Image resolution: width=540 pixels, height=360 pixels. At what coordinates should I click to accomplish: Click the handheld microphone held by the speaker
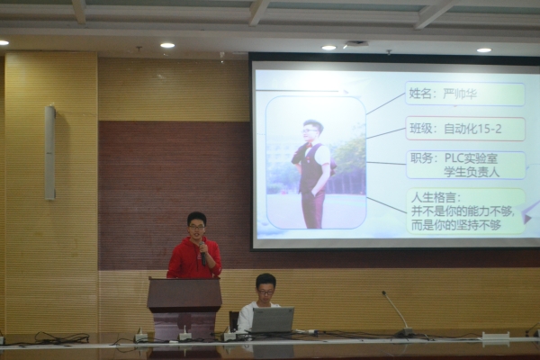click(x=202, y=254)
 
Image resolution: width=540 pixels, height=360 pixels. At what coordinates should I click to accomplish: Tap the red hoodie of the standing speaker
click(x=193, y=258)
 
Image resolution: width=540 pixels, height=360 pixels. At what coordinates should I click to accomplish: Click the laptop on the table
click(x=273, y=319)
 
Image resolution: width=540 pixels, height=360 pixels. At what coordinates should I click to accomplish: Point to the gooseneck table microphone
click(x=398, y=313)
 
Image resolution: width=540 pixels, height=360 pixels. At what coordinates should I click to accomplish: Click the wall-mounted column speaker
click(x=49, y=153)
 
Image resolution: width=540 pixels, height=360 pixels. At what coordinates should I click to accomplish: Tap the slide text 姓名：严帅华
click(x=443, y=94)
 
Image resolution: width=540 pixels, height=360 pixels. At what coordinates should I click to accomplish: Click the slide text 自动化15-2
click(x=472, y=130)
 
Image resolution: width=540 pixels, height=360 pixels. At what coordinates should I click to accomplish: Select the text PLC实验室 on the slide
click(x=471, y=158)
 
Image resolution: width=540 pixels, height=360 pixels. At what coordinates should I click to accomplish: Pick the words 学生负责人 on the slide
click(x=472, y=172)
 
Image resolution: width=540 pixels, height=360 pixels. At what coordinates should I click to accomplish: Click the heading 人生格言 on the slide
click(x=436, y=198)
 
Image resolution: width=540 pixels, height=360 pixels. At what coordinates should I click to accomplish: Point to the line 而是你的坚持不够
click(x=456, y=225)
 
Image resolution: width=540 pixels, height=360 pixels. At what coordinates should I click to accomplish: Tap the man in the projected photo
click(x=312, y=174)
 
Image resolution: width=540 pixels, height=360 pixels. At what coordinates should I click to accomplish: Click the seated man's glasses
click(x=265, y=292)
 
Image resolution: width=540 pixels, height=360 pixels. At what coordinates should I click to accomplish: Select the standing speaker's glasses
click(x=196, y=227)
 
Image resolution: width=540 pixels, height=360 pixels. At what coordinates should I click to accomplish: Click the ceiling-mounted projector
click(x=355, y=44)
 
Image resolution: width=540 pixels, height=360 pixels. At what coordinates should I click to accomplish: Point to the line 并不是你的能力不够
click(x=463, y=211)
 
